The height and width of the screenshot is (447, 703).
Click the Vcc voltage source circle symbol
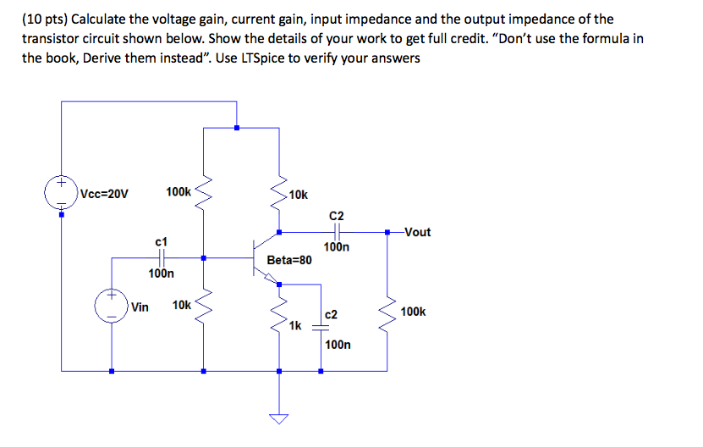[x=62, y=193]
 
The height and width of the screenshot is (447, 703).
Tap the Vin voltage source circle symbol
[x=112, y=306]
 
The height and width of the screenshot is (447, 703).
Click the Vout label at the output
[x=417, y=232]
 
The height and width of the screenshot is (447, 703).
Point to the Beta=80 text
[x=288, y=260]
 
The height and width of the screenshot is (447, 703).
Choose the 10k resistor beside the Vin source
[x=203, y=306]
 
